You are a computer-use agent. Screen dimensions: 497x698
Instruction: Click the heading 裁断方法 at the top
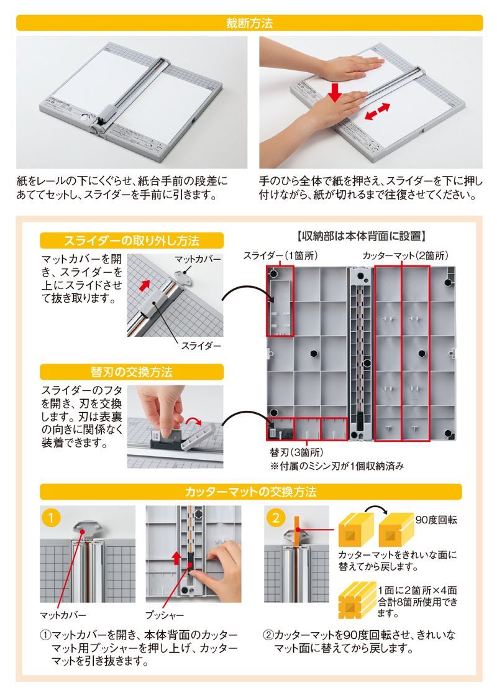[249, 23]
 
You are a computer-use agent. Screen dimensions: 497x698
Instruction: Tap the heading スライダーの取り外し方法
[132, 241]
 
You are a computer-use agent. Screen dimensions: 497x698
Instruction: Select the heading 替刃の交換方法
[132, 372]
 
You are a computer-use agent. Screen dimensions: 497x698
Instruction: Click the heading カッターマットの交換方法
[250, 492]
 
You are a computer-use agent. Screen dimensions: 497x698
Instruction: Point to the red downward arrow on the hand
[335, 91]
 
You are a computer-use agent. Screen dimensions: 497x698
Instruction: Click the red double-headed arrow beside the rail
[377, 112]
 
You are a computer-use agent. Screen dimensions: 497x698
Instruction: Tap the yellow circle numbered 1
[51, 518]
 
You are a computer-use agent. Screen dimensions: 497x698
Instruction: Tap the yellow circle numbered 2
[276, 518]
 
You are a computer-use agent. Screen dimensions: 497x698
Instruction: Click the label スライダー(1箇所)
[280, 255]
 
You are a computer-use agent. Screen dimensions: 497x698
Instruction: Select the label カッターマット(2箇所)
[405, 255]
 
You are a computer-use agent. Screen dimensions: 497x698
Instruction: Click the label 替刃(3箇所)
[296, 452]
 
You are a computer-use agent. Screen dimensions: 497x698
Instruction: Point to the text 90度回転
[436, 520]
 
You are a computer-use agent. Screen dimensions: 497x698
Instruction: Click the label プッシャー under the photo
[165, 615]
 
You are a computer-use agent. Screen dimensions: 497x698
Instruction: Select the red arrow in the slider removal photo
[144, 284]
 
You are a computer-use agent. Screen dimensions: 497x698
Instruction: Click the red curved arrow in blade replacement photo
[194, 421]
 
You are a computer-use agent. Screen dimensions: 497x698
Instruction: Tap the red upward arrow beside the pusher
[176, 558]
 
